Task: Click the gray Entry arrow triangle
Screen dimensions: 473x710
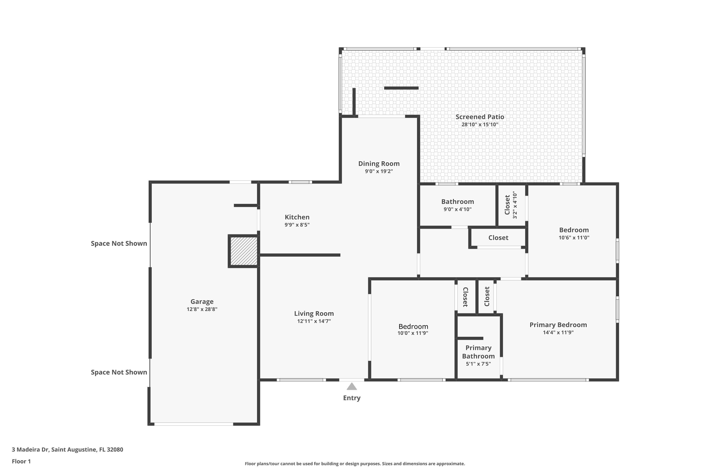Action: click(352, 387)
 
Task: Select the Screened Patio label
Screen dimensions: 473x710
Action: click(480, 117)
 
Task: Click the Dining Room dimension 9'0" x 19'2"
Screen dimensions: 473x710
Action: click(379, 171)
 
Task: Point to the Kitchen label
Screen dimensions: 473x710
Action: click(297, 217)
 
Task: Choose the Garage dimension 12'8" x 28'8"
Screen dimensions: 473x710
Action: click(202, 309)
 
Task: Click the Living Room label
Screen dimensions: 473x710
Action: click(314, 313)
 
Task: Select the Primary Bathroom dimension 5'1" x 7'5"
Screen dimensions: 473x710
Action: click(478, 364)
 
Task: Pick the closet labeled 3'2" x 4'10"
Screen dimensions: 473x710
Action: click(511, 205)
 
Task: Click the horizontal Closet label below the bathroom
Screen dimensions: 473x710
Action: click(498, 238)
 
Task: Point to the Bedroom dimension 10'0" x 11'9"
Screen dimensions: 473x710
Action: click(413, 333)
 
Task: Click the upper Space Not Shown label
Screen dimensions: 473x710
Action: click(119, 243)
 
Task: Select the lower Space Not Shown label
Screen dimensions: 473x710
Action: click(119, 372)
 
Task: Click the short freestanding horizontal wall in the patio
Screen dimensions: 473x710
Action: click(401, 88)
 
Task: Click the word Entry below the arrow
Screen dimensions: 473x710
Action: click(352, 398)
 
